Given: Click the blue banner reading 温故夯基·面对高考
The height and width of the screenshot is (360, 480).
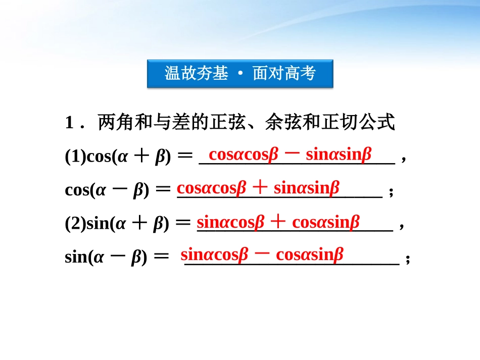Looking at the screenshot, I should coord(240,74).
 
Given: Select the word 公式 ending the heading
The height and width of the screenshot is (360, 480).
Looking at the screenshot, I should coord(379,123).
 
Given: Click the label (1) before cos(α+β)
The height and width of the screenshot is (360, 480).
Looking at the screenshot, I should coord(76,157).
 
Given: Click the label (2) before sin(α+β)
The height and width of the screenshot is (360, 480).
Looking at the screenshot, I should coord(76,223).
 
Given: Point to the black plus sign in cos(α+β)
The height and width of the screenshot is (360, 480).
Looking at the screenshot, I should coord(142,157).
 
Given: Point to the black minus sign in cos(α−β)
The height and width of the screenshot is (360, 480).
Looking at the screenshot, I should coord(119,190).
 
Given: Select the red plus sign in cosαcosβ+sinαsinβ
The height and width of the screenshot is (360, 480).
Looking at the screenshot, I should coord(260,188).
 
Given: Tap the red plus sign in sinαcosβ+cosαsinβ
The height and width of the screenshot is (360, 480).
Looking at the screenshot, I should coord(278,222).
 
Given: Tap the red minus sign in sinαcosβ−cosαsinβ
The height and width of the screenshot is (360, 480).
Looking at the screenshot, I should coord(262,254).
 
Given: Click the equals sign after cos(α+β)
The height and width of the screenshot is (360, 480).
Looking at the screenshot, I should coord(185,157).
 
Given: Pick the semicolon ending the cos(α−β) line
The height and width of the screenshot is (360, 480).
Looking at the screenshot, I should coord(391,192).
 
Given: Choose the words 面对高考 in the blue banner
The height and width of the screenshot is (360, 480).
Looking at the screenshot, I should coord(284,74).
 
